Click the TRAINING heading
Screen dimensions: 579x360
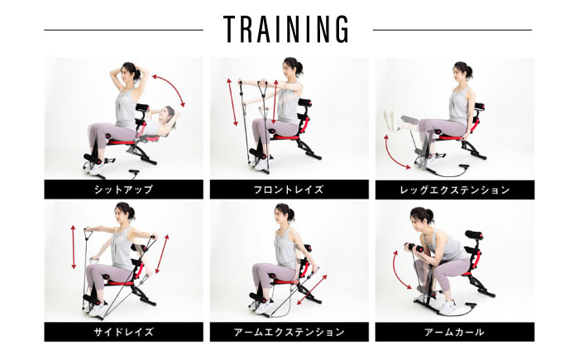coord(285,29)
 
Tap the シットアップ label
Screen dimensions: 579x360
coord(123,190)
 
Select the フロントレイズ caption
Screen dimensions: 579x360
coord(289,190)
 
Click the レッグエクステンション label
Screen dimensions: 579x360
coord(455,190)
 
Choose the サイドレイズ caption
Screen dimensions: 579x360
coord(123,332)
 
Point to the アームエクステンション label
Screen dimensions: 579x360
coord(289,332)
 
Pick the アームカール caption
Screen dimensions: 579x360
coord(454,332)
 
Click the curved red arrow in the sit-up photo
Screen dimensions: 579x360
coord(172,86)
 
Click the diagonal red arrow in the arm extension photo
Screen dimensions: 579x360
coord(312,290)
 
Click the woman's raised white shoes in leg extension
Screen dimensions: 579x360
coord(392,119)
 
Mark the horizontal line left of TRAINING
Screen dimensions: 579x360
coord(124,30)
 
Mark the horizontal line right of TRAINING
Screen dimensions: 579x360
coord(452,30)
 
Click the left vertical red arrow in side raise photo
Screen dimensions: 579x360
coord(74,247)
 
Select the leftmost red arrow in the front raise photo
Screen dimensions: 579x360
coord(232,102)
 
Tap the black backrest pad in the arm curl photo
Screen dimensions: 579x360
coord(474,235)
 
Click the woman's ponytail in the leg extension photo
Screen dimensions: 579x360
coord(469,72)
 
